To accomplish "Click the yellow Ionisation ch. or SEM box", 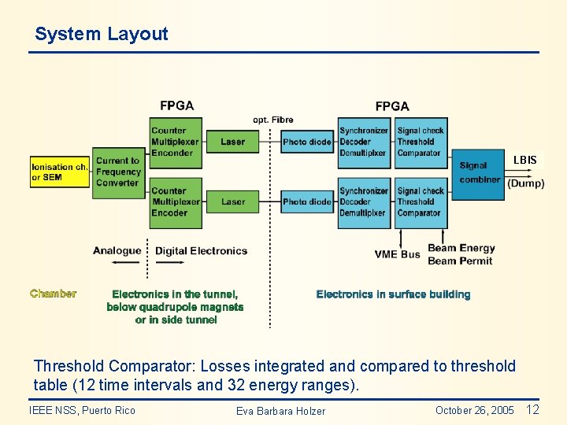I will (60, 172).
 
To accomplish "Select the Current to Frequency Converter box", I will (118, 172).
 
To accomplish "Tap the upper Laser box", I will (233, 142).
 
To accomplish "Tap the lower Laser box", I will (233, 201).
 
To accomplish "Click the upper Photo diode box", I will (307, 142).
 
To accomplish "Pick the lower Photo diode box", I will (307, 201).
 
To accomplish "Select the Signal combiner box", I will (480, 172).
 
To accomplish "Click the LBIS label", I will (525, 160).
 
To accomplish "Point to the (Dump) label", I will (525, 183).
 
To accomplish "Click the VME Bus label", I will (398, 254).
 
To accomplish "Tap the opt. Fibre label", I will (273, 120).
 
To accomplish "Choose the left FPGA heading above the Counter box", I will (176, 105).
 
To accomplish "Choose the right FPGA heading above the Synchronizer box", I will (392, 105).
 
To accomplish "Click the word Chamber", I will (54, 294).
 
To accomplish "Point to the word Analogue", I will (117, 251).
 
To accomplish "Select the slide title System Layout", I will (102, 34).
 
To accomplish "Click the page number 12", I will (532, 409).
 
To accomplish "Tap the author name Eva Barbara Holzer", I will (280, 411).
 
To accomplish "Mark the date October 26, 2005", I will (474, 410).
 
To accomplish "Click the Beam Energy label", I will (461, 248).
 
